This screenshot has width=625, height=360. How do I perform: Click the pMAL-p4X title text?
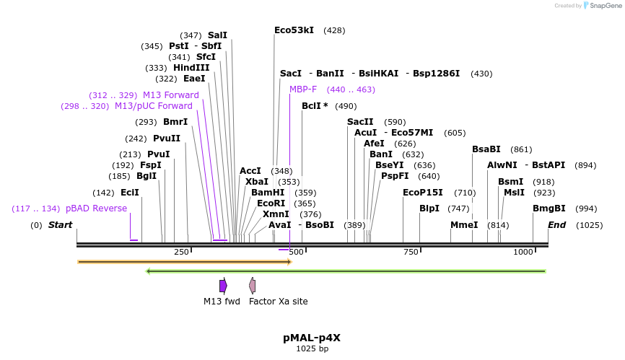[312, 337]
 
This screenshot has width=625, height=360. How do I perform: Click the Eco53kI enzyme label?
[294, 30]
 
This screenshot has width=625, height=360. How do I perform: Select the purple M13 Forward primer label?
[171, 95]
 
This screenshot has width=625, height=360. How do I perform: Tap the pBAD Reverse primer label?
[96, 208]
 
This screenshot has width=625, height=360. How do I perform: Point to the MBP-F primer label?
[303, 89]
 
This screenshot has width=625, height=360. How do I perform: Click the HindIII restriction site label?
[191, 68]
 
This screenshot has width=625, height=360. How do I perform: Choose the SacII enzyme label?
[360, 122]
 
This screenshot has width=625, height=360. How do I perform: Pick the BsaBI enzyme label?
[486, 149]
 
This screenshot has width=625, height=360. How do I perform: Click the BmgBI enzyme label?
[549, 208]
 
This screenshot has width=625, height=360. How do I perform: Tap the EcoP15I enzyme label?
[423, 193]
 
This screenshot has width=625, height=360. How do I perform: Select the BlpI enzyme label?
[429, 208]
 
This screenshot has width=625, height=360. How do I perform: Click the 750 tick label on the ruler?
[411, 252]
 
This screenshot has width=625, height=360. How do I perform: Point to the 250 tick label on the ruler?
[181, 252]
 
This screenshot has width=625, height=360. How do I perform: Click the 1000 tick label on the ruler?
[523, 252]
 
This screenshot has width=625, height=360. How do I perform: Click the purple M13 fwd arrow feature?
[223, 286]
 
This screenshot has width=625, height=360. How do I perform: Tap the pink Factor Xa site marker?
[252, 286]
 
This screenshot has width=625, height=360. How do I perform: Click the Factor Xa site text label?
[278, 302]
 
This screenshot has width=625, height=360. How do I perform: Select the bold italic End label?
[556, 225]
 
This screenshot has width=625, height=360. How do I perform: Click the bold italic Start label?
[61, 225]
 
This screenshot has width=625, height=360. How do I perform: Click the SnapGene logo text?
[603, 6]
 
